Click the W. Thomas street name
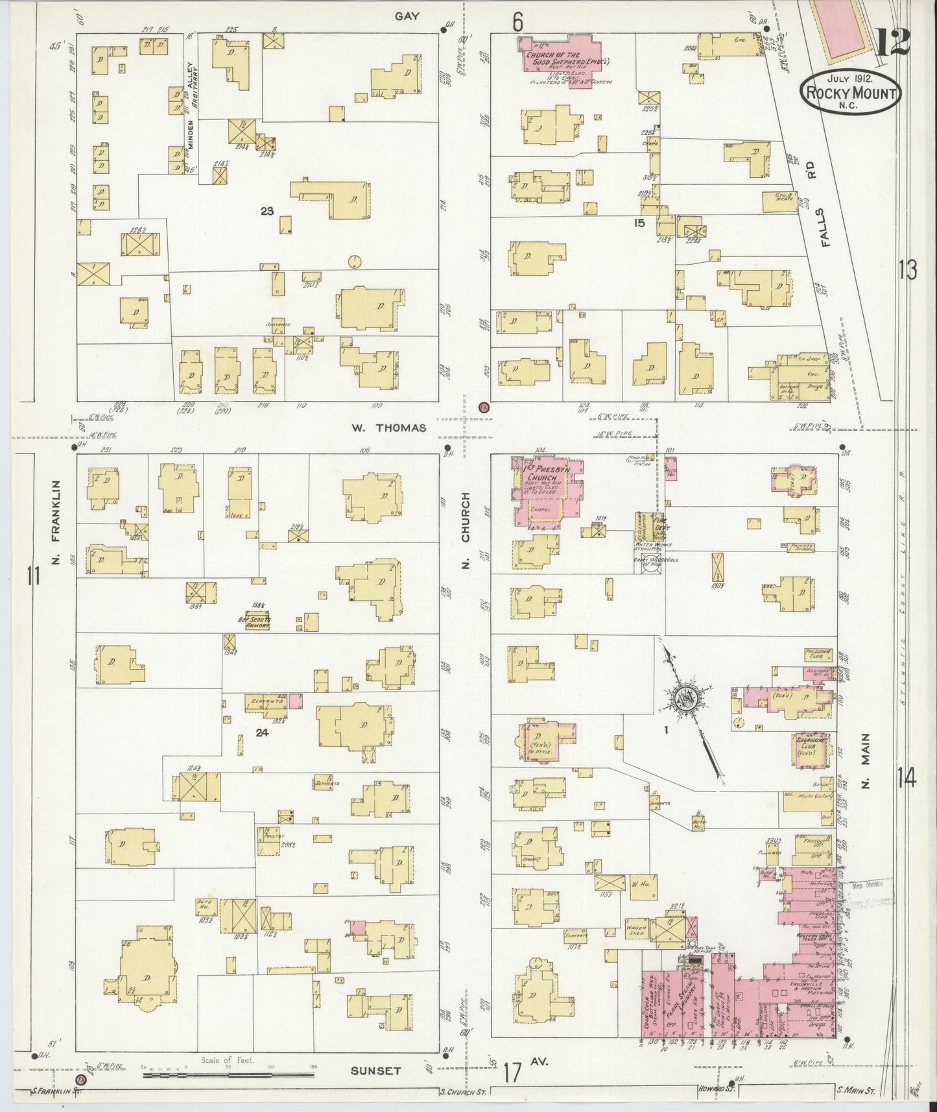389,428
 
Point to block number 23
266,210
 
